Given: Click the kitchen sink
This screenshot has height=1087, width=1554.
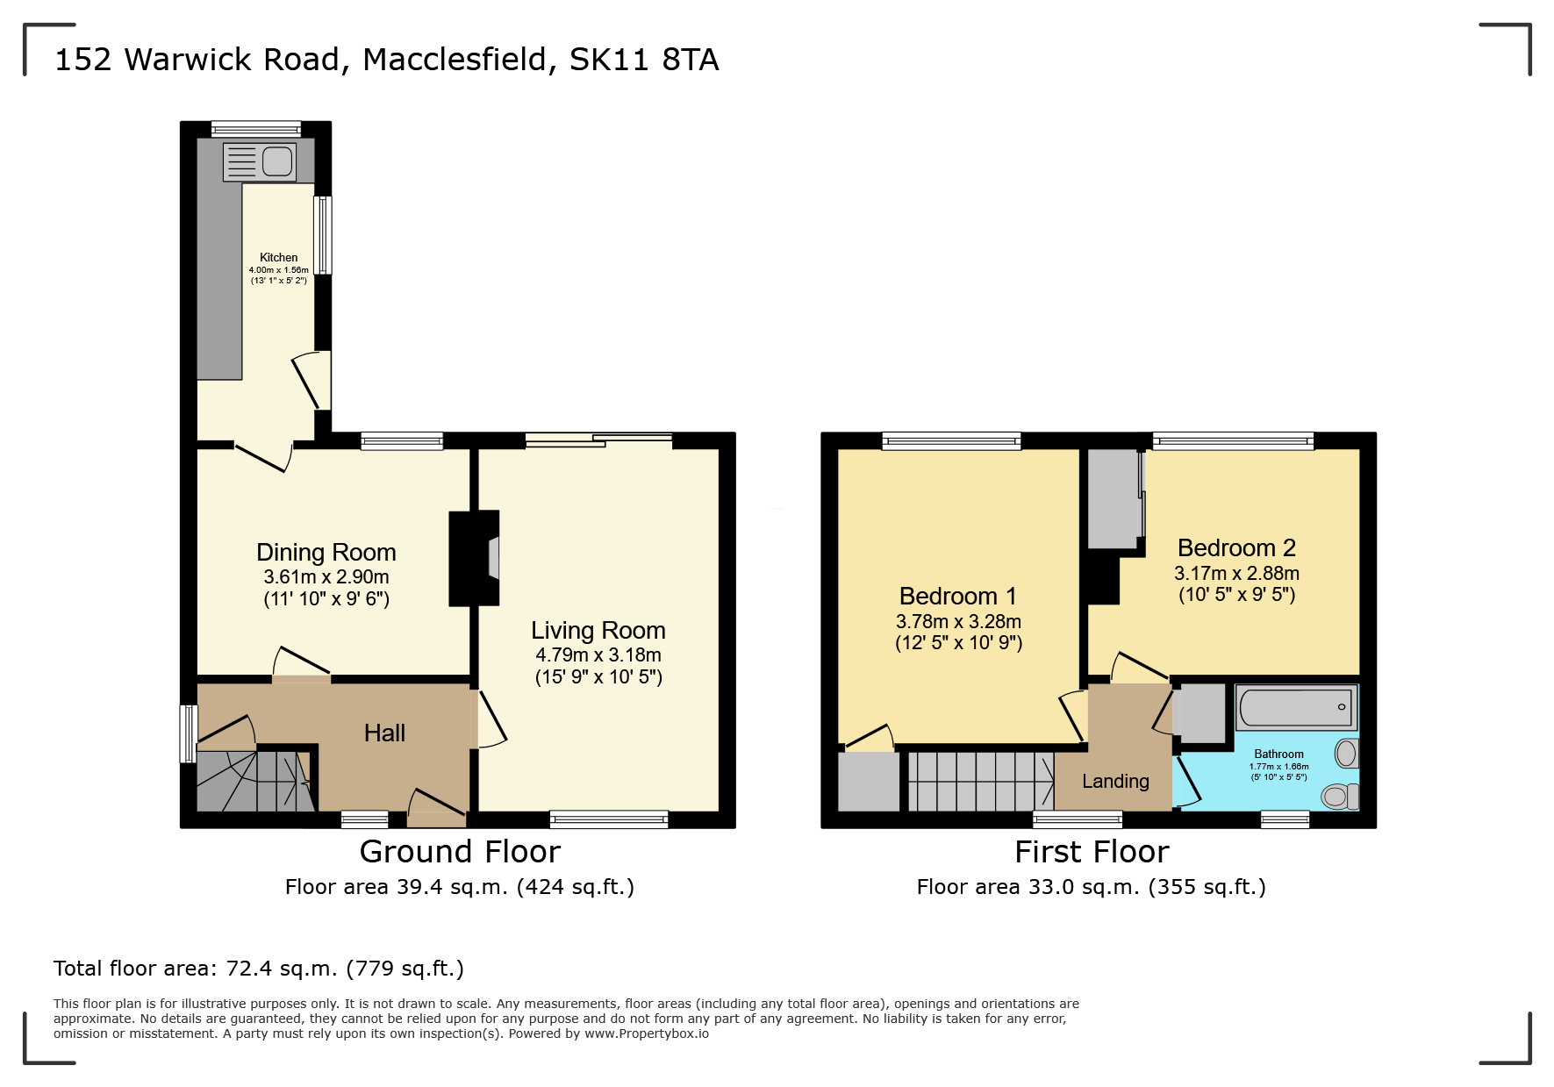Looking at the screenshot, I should (x=260, y=162).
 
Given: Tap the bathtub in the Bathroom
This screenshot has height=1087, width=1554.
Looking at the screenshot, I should (x=1296, y=707).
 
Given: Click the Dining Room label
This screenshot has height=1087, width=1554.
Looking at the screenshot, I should (x=326, y=553).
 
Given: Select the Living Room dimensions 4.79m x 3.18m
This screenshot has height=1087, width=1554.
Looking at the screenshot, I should (x=598, y=655).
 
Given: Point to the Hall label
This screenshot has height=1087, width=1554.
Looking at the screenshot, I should (x=384, y=733).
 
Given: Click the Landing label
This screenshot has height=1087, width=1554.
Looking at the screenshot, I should (x=1115, y=782).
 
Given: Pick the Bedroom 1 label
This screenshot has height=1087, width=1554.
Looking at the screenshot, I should (x=957, y=597).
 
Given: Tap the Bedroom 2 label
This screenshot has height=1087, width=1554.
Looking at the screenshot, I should (x=1236, y=548).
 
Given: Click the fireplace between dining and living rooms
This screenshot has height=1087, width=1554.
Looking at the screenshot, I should (x=475, y=558).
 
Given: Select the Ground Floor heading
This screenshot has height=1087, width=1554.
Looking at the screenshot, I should (x=460, y=852).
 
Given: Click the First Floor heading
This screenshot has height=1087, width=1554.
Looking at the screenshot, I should (x=1092, y=852).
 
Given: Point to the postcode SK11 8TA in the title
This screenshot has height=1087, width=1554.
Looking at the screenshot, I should (x=644, y=60).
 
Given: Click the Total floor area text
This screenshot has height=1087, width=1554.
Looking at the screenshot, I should (x=259, y=969).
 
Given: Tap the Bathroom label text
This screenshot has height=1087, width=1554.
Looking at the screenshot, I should (x=1278, y=754).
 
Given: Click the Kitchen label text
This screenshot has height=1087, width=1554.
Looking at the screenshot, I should (x=278, y=258).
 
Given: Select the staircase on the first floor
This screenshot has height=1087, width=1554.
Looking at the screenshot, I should (x=979, y=781).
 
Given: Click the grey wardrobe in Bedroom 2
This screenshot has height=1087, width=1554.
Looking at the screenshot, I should (x=1113, y=498).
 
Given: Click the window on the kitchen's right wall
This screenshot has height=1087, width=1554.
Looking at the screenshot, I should (x=323, y=235).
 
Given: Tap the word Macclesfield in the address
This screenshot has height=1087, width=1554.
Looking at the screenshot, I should (x=455, y=60).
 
